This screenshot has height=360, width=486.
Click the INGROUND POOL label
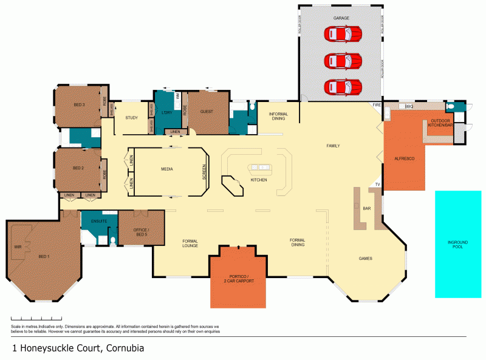click(457, 245)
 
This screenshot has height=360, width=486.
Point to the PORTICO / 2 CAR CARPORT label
click(238, 279)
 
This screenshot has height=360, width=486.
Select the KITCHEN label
click(259, 180)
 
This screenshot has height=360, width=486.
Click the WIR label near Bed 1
click(18, 247)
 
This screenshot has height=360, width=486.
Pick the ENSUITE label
click(99, 221)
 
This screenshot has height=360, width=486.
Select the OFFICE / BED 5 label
click(141, 231)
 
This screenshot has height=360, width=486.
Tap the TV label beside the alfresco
click(377, 184)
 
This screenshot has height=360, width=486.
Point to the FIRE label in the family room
click(376, 106)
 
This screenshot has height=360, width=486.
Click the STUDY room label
click(131, 118)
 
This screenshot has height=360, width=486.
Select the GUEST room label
click(207, 112)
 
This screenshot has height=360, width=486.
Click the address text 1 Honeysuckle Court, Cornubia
click(78, 348)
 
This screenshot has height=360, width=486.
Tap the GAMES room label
click(364, 259)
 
